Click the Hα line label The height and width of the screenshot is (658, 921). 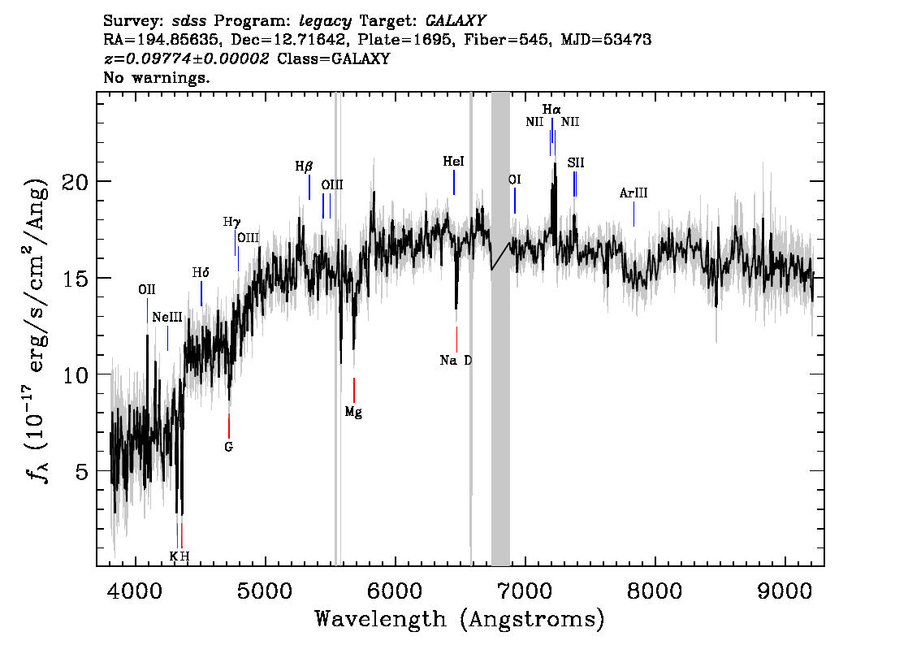[551, 110]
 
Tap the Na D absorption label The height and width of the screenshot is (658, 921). [456, 360]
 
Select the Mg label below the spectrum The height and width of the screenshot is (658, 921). [353, 412]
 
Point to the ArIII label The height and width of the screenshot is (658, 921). [633, 193]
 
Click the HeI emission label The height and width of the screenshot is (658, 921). [453, 161]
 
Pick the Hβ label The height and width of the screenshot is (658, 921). [304, 167]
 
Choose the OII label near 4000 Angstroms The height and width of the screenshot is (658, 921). [147, 290]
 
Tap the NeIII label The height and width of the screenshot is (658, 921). [167, 318]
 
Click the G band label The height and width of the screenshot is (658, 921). [228, 447]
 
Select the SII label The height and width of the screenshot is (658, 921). [576, 162]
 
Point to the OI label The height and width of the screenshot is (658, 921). [515, 180]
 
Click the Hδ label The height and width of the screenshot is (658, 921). [201, 273]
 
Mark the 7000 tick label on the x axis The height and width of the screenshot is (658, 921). [525, 591]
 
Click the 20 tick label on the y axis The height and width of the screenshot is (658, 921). [76, 182]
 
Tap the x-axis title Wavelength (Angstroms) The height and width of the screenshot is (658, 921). [460, 619]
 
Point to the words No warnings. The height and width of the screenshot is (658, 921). [157, 77]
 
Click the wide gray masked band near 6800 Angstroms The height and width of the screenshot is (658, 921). [500, 329]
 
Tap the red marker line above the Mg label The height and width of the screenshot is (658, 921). [353, 390]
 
